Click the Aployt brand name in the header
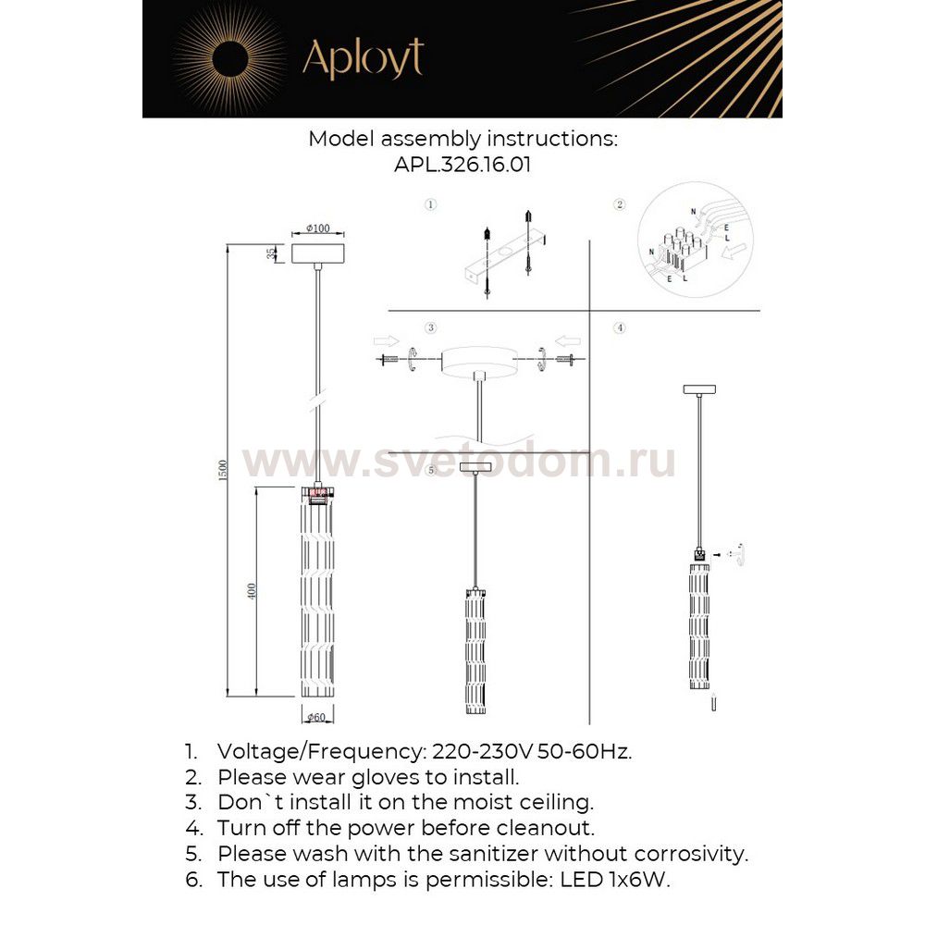coord(363,58)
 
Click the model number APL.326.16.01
coord(462,165)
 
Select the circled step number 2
coord(620,203)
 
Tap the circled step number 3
coord(430,327)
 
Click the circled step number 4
coord(620,327)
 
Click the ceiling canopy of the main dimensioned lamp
coord(318,253)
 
